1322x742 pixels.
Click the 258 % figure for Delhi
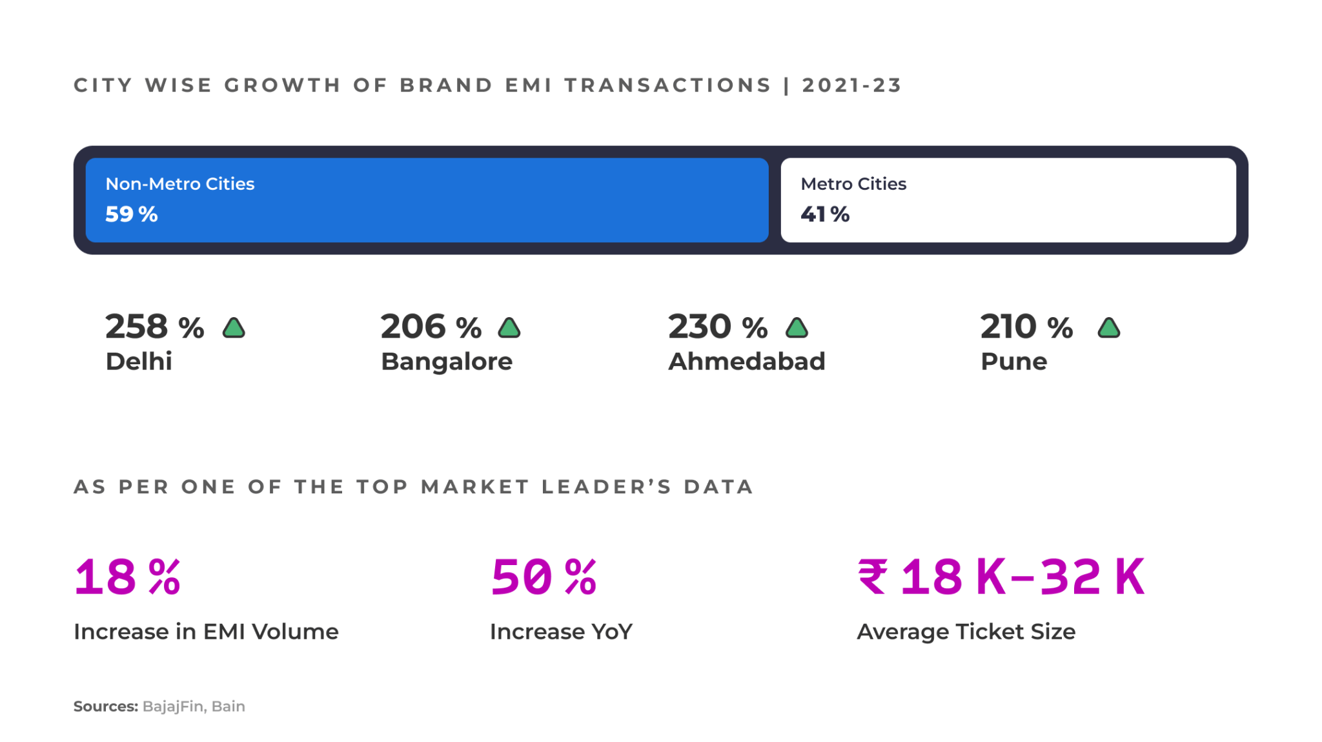click(154, 327)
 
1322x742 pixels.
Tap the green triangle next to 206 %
click(509, 328)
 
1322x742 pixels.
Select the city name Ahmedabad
click(746, 362)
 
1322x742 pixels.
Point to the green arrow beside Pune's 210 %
click(1108, 328)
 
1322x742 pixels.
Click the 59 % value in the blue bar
click(131, 214)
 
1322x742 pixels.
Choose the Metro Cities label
click(853, 184)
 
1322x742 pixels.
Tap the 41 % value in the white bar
click(824, 214)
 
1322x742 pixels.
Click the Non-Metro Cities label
click(179, 184)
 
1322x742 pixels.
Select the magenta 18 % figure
click(127, 577)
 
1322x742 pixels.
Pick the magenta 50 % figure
click(543, 577)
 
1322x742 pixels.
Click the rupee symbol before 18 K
click(872, 577)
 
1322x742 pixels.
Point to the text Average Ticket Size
click(966, 632)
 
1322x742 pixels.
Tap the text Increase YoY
click(561, 632)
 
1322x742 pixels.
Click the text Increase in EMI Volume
click(206, 632)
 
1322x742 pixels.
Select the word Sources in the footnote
click(105, 706)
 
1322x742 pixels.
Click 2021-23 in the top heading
click(851, 85)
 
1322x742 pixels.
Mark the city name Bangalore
click(446, 362)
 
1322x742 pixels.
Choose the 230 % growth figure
click(717, 327)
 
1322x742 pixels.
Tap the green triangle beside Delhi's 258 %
click(234, 328)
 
